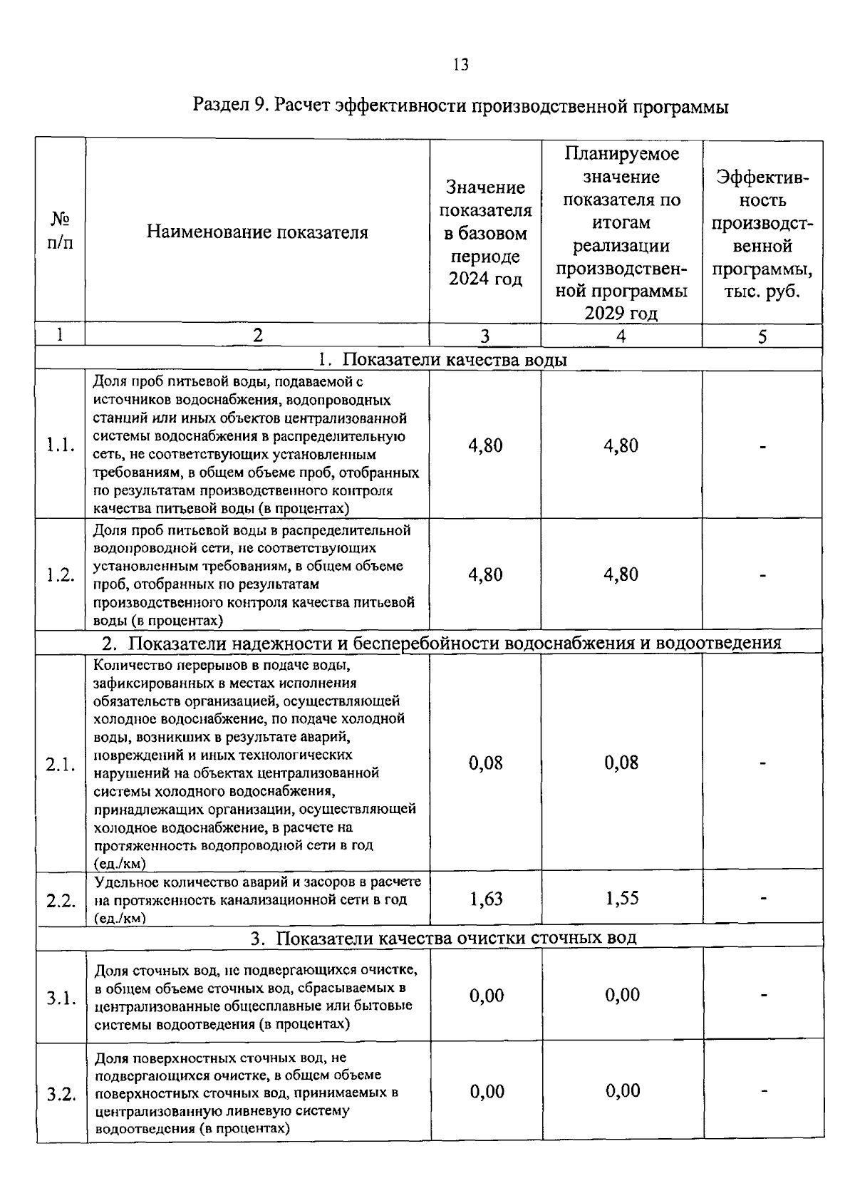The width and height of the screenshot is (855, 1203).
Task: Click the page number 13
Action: [460, 65]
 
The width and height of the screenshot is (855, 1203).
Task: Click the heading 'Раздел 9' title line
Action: [460, 107]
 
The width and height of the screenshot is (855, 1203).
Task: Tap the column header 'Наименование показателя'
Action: [257, 232]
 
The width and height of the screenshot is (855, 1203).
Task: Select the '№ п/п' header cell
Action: [61, 230]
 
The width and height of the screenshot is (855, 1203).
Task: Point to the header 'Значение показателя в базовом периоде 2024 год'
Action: [485, 232]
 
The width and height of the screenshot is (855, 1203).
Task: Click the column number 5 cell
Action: [762, 336]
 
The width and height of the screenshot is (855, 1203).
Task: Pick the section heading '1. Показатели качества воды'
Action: [442, 359]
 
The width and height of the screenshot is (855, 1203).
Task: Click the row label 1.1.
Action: [61, 445]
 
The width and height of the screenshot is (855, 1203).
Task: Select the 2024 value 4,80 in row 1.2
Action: [485, 574]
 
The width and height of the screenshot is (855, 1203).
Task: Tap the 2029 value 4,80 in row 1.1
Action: [621, 445]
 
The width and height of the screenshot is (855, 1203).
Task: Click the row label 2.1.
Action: [61, 765]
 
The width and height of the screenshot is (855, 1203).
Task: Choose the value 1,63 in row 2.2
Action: [486, 899]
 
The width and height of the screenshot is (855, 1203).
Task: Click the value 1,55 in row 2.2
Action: [622, 899]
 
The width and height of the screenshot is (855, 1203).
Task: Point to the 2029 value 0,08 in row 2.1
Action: [621, 763]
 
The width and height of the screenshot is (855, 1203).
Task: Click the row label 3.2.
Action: [61, 1094]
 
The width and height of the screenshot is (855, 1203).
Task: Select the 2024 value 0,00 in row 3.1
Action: [487, 995]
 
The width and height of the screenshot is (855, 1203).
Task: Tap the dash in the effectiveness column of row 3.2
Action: [762, 1090]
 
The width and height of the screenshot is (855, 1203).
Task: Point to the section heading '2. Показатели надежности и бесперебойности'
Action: [442, 643]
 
